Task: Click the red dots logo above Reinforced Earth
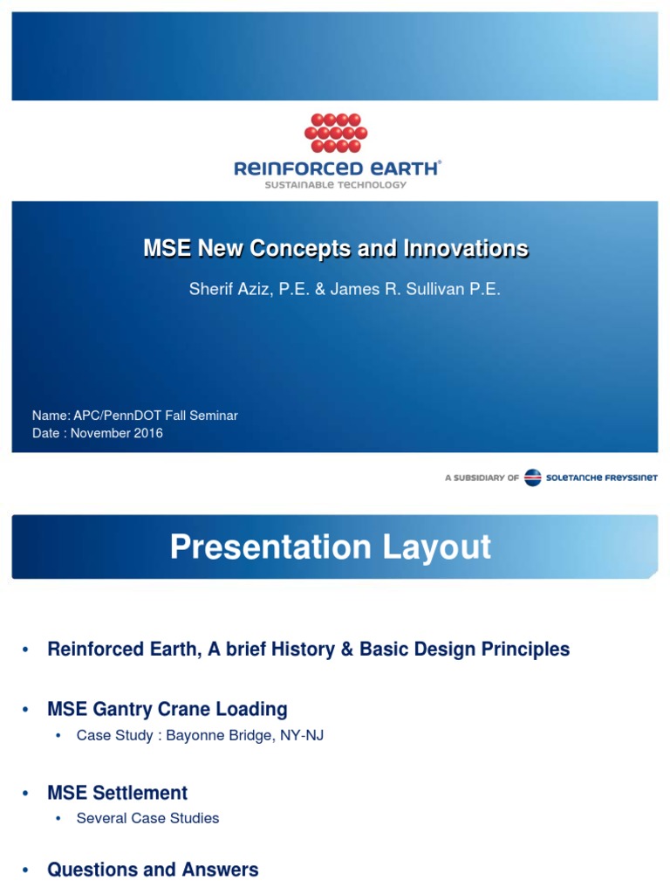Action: point(336,133)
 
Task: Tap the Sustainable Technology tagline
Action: point(336,185)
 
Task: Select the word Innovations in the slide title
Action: point(466,249)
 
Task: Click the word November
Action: point(100,433)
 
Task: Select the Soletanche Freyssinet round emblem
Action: point(532,478)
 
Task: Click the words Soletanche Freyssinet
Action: point(602,478)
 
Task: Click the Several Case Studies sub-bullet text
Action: point(147,818)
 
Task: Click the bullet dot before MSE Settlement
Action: point(26,794)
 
